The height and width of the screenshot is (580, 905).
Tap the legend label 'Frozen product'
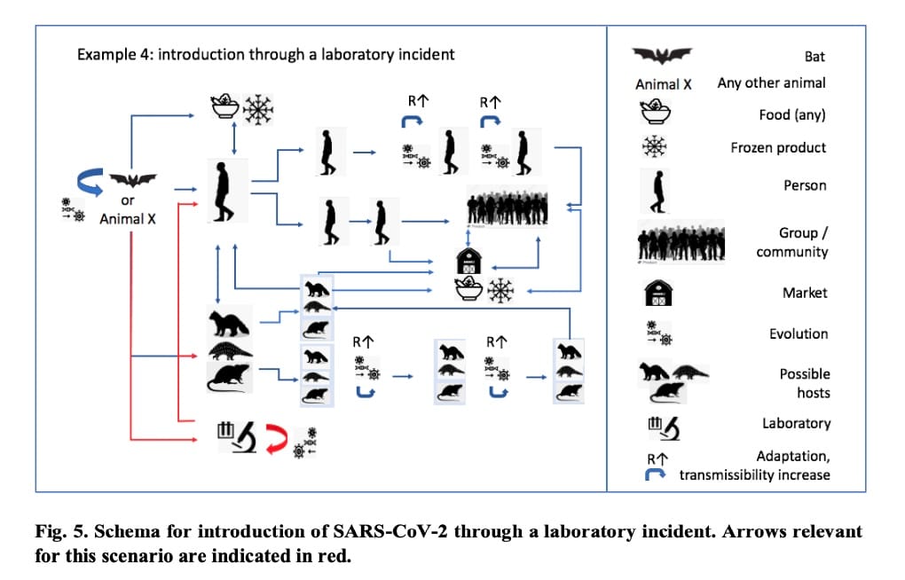[x=778, y=147]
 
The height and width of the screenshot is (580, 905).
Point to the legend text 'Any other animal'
[x=771, y=82]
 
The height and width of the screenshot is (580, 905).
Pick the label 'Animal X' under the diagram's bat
[x=128, y=218]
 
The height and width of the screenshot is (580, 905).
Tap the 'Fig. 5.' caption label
[x=57, y=532]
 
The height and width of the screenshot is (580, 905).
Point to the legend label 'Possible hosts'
[x=805, y=383]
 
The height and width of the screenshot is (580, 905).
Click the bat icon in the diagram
[x=132, y=181]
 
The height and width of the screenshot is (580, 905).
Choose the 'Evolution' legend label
[x=799, y=333]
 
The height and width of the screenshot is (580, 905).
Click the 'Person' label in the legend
[x=805, y=185]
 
